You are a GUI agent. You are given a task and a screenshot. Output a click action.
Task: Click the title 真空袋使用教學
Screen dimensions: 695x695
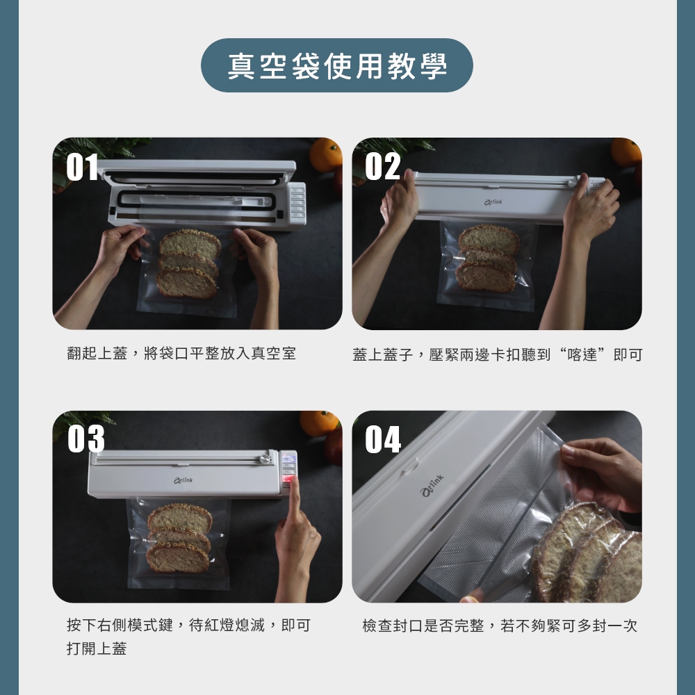click(337, 66)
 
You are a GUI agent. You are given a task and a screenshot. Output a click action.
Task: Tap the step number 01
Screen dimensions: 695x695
click(83, 167)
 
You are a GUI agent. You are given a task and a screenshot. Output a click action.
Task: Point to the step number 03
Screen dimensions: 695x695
click(86, 439)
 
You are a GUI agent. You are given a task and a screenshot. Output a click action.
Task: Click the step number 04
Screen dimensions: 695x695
click(383, 439)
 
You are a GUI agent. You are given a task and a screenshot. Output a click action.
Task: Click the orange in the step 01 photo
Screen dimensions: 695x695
click(326, 155)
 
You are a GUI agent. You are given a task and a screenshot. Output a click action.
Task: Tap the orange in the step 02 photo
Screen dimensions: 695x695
click(626, 152)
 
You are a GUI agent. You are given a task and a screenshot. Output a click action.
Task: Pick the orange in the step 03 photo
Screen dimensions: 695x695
click(319, 423)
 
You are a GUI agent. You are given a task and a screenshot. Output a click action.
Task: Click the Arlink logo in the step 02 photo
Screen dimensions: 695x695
click(493, 202)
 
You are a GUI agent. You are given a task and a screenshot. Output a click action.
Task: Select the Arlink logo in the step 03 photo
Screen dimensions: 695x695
click(183, 480)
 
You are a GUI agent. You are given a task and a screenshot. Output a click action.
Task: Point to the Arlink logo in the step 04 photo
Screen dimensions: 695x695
click(432, 485)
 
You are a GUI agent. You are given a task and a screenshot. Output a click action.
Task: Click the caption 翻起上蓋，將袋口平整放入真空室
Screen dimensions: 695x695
click(181, 354)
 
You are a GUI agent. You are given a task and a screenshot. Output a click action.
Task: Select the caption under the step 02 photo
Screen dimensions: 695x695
click(498, 354)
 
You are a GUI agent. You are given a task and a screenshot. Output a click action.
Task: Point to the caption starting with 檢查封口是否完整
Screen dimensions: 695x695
click(500, 625)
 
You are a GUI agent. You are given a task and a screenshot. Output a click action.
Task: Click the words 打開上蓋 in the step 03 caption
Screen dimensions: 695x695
click(97, 648)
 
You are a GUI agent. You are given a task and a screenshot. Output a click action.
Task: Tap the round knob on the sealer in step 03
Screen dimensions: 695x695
click(267, 458)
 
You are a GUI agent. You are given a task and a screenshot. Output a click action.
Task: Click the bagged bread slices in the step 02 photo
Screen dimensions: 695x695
click(488, 258)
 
